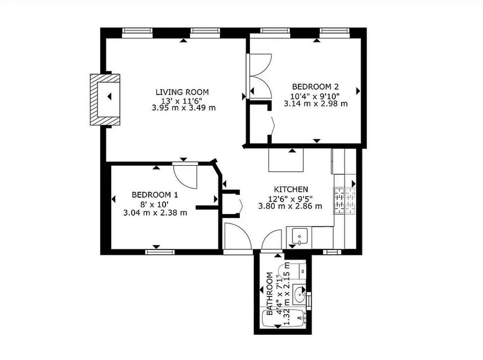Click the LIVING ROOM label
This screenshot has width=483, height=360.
[x=182, y=92]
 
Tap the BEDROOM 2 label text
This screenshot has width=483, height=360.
[x=315, y=87]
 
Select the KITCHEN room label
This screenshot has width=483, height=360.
[x=291, y=189]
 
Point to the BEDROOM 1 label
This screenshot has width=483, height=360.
[x=155, y=195]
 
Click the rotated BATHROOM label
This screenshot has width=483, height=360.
[x=270, y=294]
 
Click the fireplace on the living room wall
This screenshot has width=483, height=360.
[x=105, y=100]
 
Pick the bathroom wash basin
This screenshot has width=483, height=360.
[x=300, y=294]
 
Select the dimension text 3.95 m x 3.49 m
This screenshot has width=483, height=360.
[x=183, y=108]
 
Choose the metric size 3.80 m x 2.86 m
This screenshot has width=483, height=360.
[x=290, y=206]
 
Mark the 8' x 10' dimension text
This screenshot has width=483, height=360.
[x=155, y=204]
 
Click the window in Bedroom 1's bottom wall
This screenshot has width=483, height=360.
[x=155, y=251]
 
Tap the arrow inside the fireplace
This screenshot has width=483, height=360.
[x=109, y=97]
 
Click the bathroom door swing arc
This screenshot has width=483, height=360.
[x=271, y=239]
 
